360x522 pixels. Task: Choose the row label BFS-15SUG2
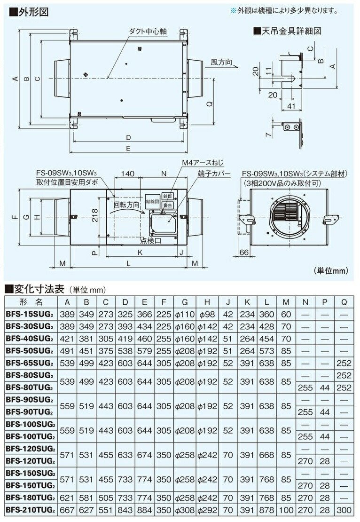(31, 313)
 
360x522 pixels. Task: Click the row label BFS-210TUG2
(31, 510)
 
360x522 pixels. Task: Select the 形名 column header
(31, 301)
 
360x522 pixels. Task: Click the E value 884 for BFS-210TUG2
(144, 510)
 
